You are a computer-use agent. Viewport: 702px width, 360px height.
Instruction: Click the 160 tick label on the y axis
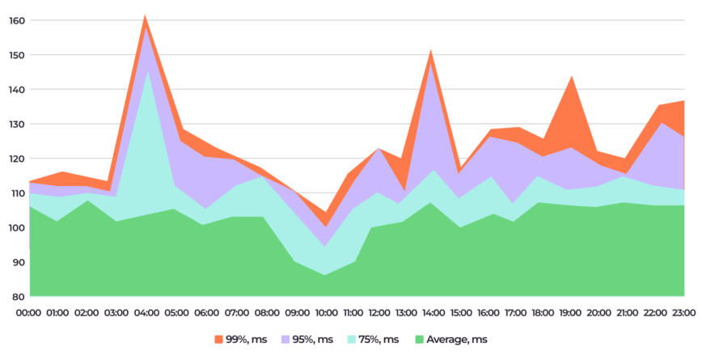tap(15, 20)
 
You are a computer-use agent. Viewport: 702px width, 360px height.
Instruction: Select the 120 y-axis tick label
tap(15, 159)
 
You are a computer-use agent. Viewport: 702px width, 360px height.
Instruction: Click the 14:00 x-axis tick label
tap(430, 312)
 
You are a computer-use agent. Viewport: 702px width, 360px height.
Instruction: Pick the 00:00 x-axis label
tap(30, 312)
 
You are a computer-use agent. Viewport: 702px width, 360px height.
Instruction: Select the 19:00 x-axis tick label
tap(572, 312)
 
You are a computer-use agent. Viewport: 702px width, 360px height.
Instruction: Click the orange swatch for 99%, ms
tap(218, 340)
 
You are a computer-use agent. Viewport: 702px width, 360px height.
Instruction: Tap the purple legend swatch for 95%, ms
tap(283, 340)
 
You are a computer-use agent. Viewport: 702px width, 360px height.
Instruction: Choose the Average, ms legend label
tap(458, 340)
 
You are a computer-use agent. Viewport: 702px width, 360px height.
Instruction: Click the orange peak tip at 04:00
tap(145, 15)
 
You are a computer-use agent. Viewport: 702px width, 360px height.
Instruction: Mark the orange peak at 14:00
tap(430, 50)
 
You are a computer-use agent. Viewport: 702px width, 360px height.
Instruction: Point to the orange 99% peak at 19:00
tap(572, 77)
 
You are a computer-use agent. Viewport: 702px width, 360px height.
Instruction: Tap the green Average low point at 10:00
tap(325, 275)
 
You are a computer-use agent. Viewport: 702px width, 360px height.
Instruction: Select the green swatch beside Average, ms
tap(418, 340)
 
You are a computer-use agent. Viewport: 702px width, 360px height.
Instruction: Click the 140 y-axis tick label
tap(15, 90)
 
